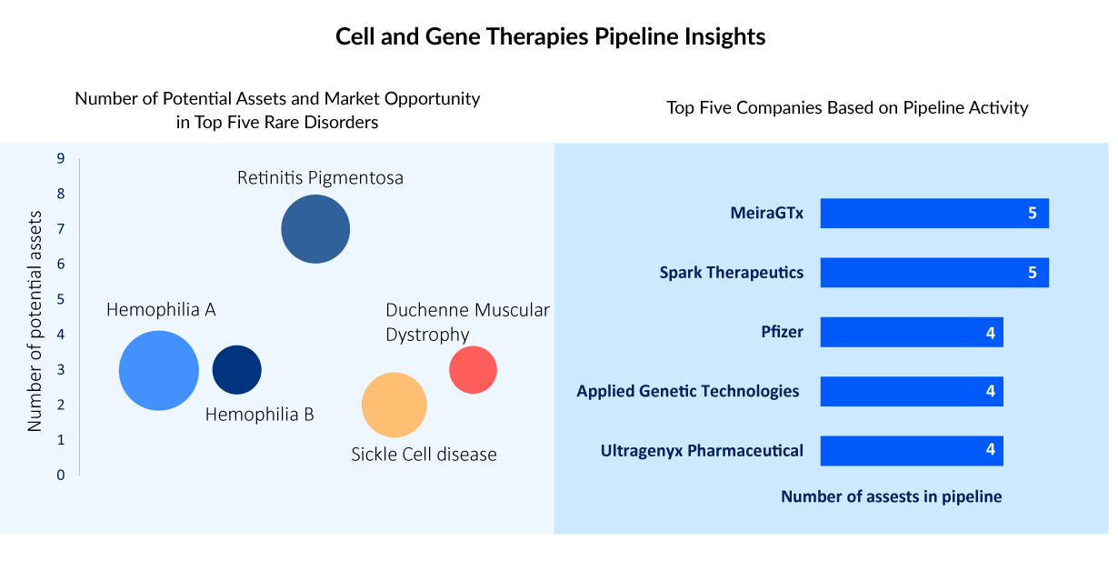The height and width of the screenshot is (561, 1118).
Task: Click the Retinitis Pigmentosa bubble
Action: coord(315,229)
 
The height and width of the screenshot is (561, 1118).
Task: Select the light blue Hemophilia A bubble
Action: coord(159,370)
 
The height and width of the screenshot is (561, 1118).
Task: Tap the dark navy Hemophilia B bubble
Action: coord(237,370)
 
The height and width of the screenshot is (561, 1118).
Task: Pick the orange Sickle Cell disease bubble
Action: coord(394,406)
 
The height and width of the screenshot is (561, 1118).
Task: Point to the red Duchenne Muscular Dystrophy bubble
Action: coord(473,370)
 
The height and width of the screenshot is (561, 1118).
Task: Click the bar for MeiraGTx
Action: coord(934,214)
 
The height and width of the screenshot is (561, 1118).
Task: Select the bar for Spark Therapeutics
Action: coord(934,273)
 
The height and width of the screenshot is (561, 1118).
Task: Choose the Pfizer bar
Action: coord(912,332)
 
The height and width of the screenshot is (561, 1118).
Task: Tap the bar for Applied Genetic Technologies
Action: coord(912,391)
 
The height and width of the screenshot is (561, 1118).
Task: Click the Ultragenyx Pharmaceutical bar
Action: coord(912,450)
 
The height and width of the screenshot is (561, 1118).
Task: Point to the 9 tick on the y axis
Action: coord(61,159)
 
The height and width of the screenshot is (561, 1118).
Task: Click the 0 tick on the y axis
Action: coord(61,475)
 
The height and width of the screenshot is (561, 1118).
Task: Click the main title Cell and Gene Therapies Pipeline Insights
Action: coord(551,37)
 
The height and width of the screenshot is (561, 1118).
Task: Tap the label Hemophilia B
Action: coord(260,416)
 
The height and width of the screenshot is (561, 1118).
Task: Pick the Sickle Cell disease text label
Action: coord(424,454)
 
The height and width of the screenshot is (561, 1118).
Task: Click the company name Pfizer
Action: coord(782,332)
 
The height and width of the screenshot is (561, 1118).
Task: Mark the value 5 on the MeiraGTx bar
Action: coord(1033,214)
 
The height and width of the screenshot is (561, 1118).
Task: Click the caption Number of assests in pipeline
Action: coord(891,496)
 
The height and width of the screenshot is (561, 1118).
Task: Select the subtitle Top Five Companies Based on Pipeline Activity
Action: coord(847,107)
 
